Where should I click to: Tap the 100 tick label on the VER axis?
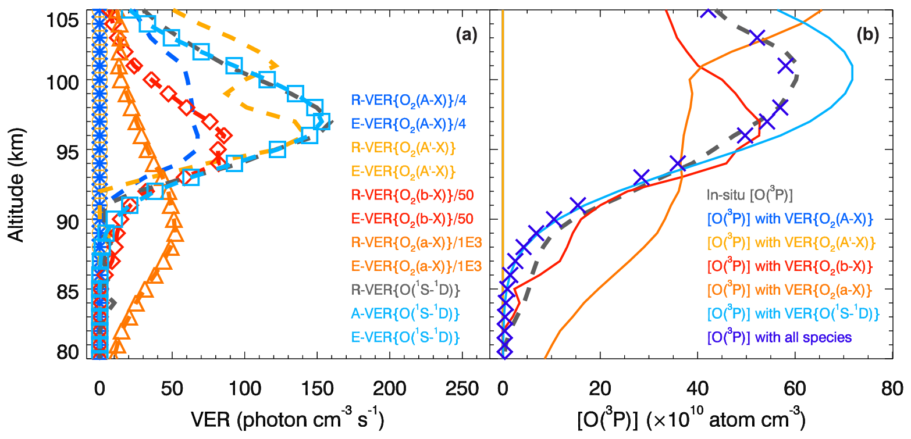(x=244, y=387)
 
